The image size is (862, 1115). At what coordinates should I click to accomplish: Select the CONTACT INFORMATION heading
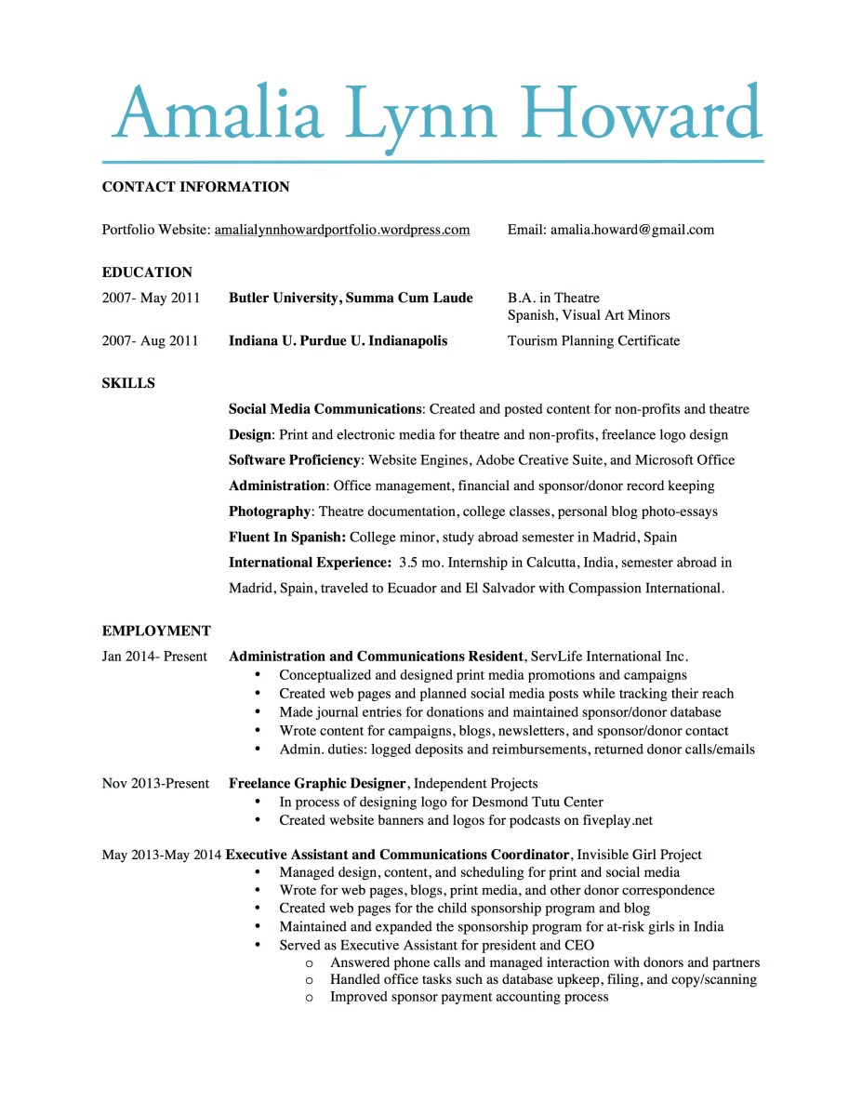(195, 187)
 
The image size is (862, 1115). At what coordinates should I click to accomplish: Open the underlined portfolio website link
(341, 230)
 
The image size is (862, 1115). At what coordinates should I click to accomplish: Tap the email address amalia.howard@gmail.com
(632, 230)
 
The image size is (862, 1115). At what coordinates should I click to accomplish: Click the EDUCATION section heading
(147, 272)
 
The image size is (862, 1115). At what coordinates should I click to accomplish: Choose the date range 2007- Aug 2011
(150, 341)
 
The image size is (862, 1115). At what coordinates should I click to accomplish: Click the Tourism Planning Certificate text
(593, 341)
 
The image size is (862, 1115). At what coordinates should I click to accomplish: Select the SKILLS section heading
(128, 383)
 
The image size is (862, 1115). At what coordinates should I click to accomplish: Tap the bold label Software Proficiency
(294, 460)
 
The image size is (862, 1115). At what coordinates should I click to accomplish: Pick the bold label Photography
(269, 511)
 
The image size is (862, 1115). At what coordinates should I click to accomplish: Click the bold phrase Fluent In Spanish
(286, 538)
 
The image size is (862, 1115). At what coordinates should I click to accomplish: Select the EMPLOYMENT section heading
(156, 631)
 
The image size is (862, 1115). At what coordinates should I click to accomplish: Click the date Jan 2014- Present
(154, 657)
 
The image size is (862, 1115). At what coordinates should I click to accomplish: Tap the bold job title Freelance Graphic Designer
(317, 784)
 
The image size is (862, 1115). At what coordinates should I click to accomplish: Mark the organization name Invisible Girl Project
(639, 855)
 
